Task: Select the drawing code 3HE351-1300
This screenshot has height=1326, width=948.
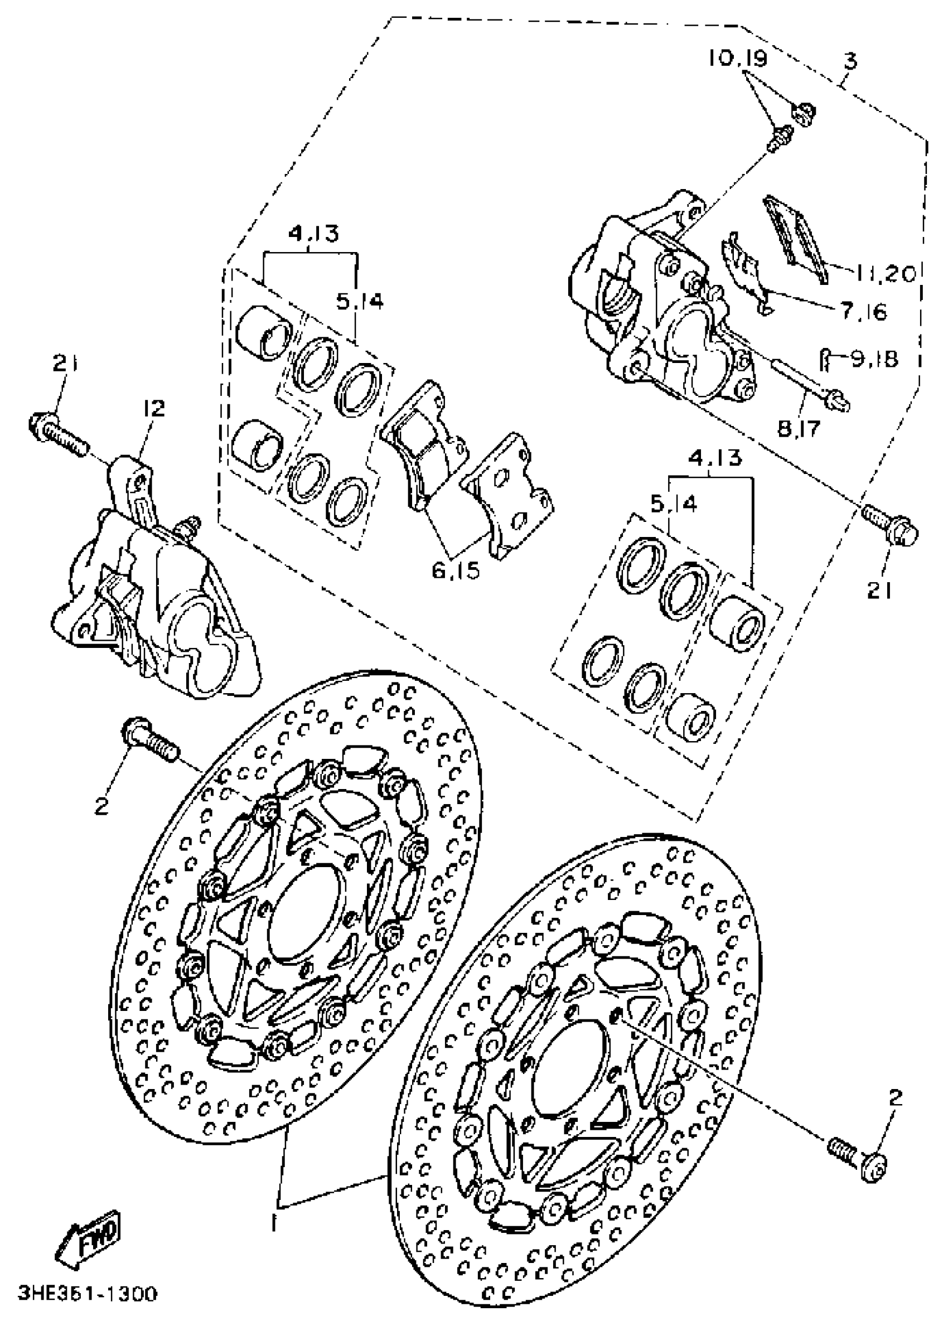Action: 88,1293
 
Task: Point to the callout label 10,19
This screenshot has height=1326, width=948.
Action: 738,59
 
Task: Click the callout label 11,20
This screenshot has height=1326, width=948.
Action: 886,273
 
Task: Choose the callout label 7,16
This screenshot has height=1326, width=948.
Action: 864,312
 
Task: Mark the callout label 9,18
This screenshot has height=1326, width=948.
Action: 874,359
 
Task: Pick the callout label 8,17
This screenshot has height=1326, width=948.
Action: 799,429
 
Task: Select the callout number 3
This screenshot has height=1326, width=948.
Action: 850,61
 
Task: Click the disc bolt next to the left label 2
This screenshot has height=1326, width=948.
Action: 149,740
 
